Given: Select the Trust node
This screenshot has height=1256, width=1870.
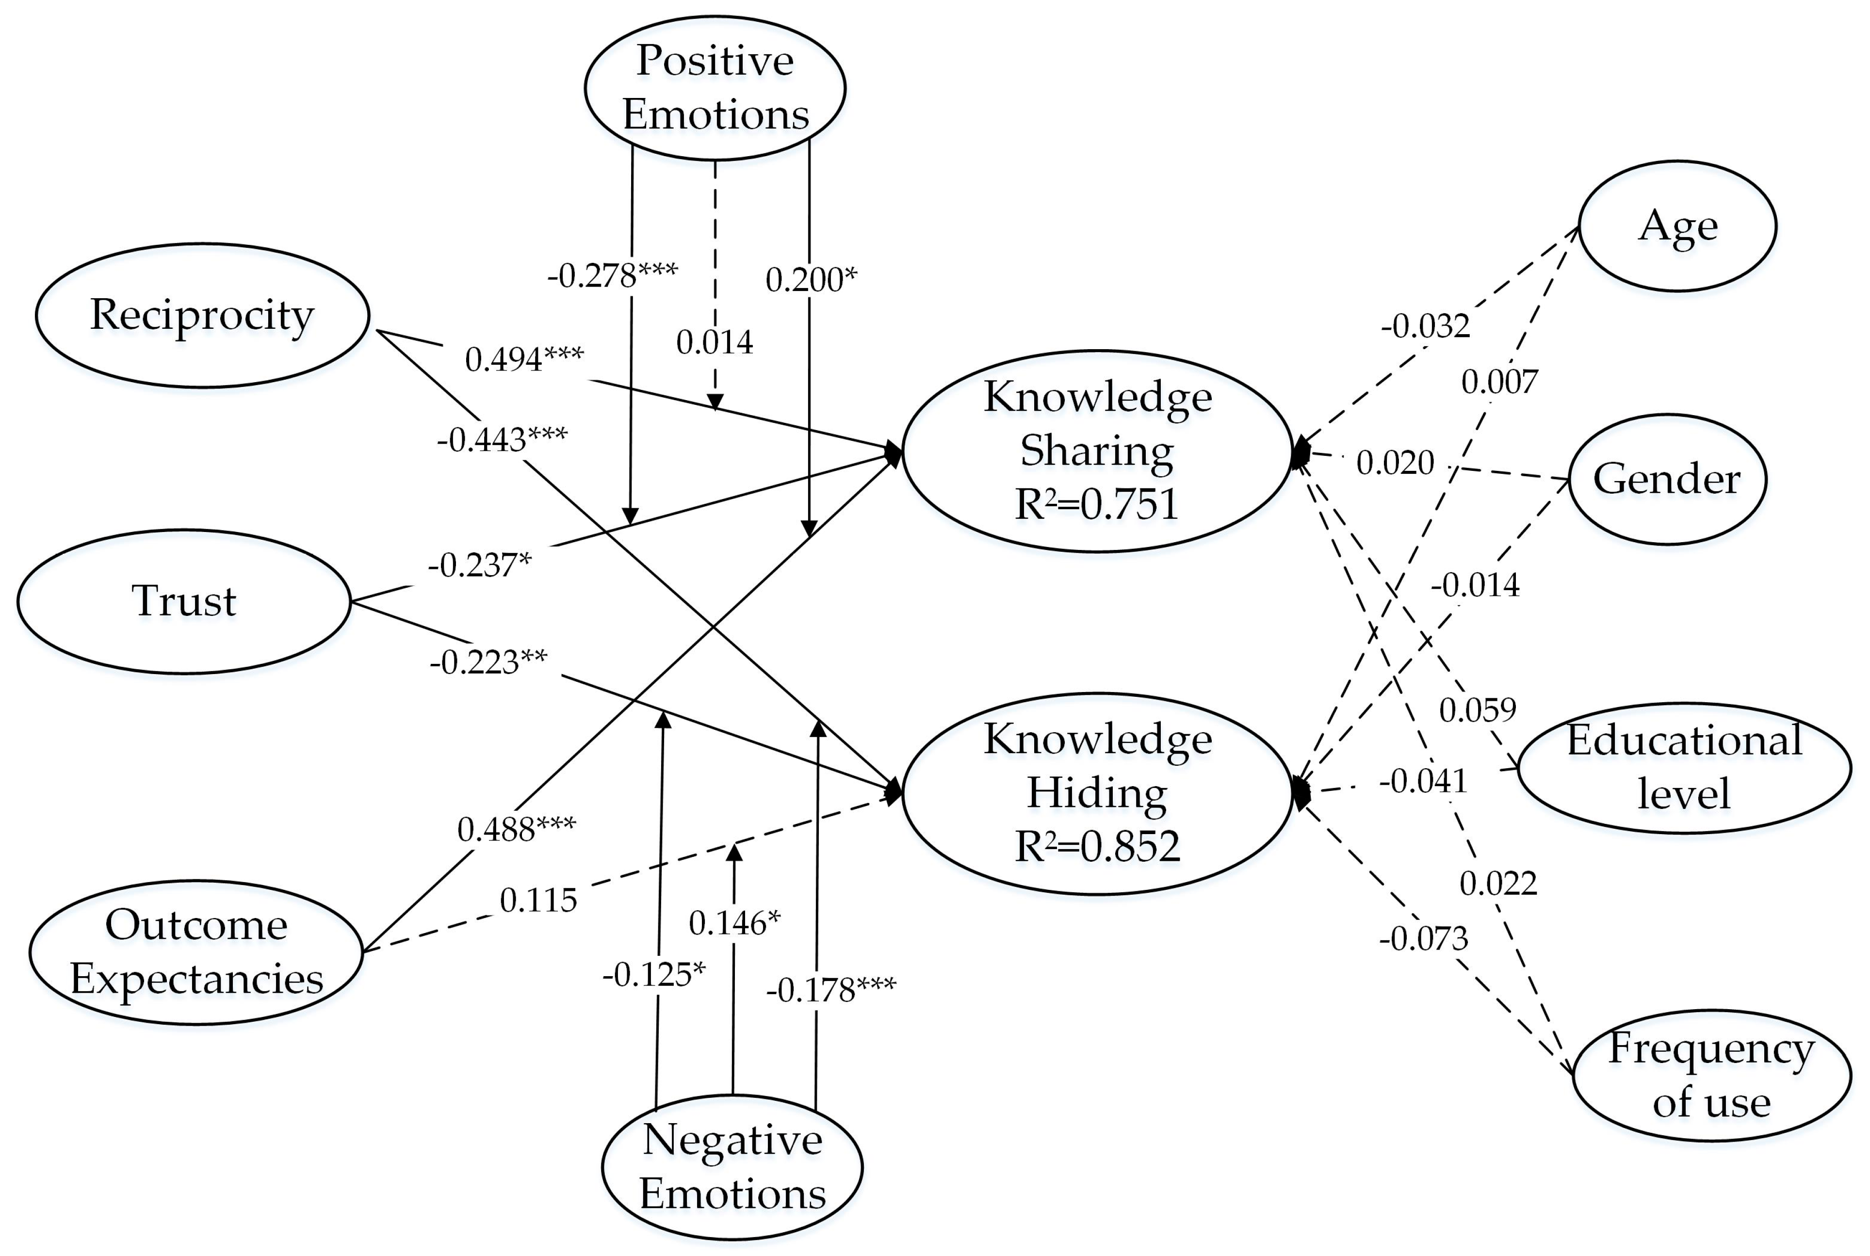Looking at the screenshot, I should (184, 601).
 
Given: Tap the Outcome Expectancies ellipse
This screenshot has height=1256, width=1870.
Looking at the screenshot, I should (196, 951).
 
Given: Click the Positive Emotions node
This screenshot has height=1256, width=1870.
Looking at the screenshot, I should (715, 87).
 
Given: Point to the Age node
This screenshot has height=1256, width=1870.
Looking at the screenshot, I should (1678, 226).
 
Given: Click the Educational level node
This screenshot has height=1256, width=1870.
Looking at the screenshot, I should (1684, 767).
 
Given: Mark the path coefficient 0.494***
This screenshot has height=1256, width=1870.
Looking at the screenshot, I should (524, 359).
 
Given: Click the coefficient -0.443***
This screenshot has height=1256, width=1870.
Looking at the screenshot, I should (502, 439).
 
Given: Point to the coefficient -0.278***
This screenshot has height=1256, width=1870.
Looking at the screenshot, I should (612, 275).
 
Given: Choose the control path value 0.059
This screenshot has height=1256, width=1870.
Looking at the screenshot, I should (1478, 709).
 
